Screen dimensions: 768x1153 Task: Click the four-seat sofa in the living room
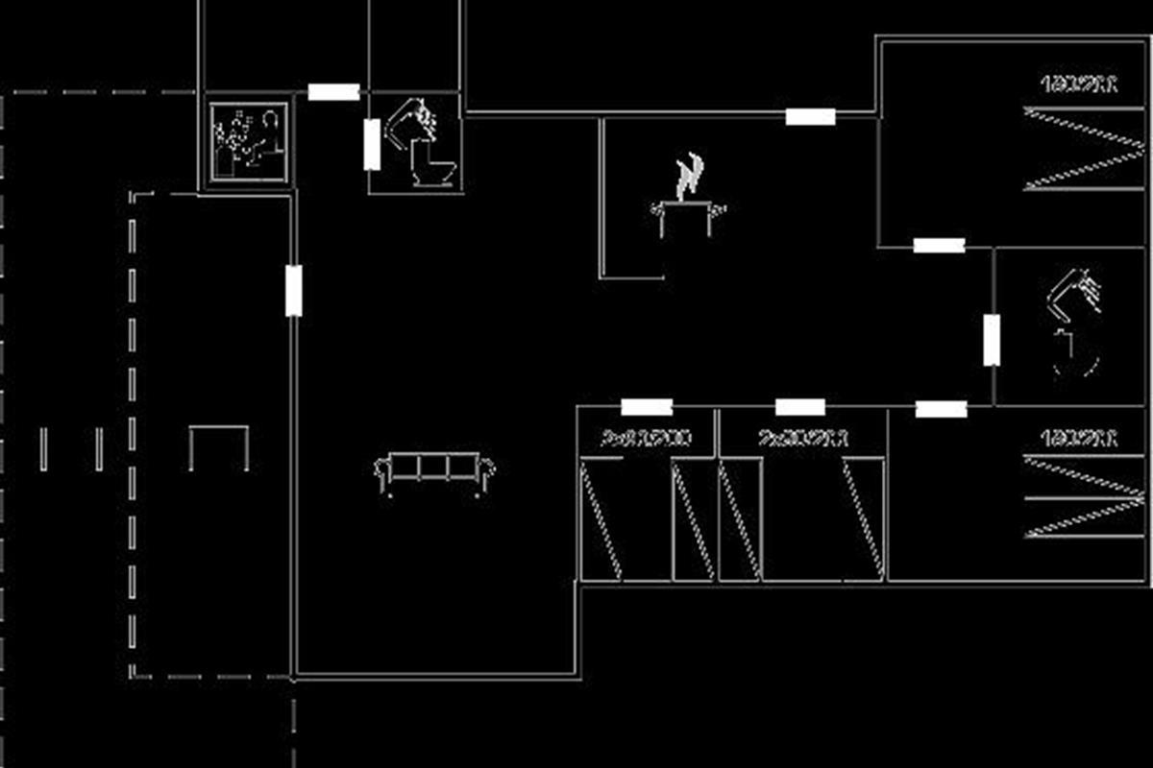click(434, 469)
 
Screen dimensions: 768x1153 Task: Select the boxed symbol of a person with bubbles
click(248, 142)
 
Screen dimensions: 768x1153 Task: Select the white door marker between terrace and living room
click(294, 290)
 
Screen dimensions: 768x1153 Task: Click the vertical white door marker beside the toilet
click(372, 144)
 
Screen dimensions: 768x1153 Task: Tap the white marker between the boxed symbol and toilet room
click(333, 92)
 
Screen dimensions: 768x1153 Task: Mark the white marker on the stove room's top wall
click(810, 116)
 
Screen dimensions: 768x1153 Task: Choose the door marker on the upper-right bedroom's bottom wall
click(939, 245)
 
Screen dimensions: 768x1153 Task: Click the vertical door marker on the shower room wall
click(992, 340)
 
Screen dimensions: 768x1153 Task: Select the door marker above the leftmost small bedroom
click(647, 407)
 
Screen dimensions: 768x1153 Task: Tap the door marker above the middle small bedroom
click(800, 407)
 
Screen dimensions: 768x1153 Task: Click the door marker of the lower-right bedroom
click(941, 410)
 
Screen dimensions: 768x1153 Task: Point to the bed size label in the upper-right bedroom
click(1079, 84)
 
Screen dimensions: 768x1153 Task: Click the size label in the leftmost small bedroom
click(646, 439)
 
